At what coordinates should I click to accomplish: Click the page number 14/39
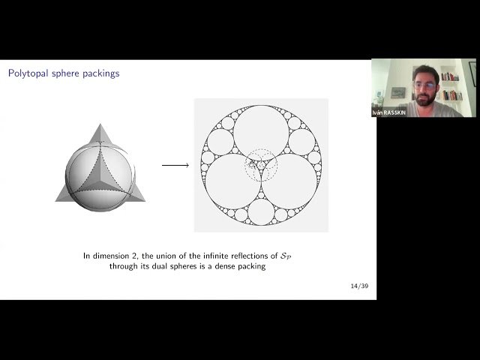[x=358, y=286]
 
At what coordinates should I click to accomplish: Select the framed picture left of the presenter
[x=398, y=93]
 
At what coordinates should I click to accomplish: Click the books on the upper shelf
[x=449, y=76]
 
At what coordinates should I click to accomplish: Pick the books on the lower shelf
[x=451, y=95]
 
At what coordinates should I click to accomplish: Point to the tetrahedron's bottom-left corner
[x=57, y=199]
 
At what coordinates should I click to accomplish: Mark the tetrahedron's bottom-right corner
[x=143, y=199]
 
